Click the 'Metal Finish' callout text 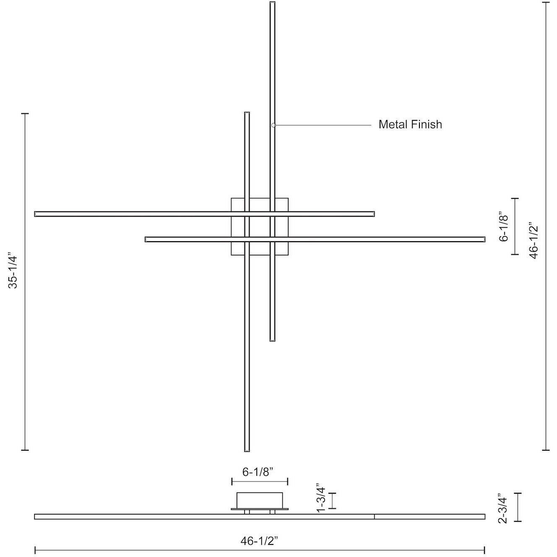410,125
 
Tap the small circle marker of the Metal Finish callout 273,125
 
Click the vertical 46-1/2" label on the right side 533,240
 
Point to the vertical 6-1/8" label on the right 503,227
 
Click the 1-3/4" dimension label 321,497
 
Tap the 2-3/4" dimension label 503,508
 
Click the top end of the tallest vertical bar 272,3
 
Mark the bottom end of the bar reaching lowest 247,450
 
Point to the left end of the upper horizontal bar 36,214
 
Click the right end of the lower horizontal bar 484,239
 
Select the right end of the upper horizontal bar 373,214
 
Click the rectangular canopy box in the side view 259,500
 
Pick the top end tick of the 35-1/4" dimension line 25,113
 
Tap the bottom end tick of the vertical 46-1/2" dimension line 545,450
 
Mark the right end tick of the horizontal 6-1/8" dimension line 287,481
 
